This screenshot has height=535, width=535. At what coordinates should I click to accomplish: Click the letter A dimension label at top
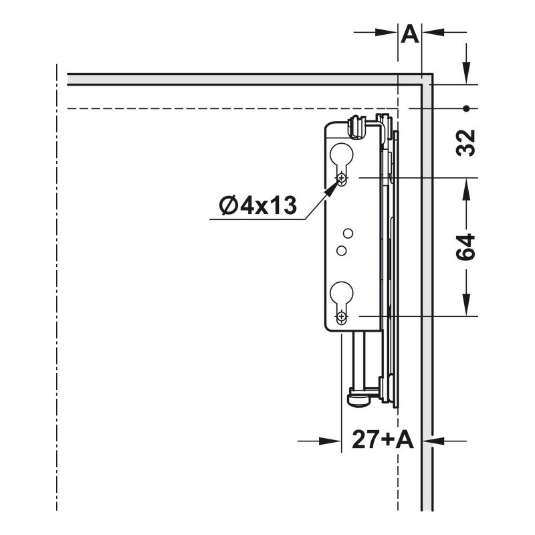point(410,34)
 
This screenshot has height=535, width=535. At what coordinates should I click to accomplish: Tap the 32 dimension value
point(465,143)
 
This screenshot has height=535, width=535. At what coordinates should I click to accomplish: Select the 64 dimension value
point(465,247)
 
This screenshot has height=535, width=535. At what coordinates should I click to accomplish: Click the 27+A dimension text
point(383,439)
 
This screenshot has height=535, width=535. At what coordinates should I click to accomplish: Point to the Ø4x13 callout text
point(258,206)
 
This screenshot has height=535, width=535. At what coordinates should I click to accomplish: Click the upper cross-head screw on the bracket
point(342,178)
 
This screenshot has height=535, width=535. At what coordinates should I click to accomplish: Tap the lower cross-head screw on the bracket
point(342,316)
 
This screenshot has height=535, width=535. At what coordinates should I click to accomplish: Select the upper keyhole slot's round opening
point(342,155)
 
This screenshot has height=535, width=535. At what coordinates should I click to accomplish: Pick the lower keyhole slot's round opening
point(342,294)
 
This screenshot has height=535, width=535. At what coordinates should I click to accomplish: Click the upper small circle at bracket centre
point(348,233)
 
